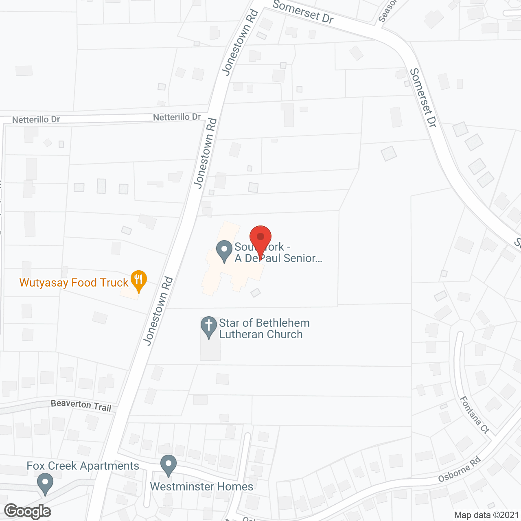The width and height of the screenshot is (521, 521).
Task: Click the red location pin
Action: (x=260, y=238)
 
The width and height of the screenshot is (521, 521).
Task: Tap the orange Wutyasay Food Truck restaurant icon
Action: (x=139, y=280)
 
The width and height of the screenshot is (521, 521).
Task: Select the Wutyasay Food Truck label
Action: (x=74, y=282)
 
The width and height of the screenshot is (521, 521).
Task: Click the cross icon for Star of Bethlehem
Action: (x=209, y=326)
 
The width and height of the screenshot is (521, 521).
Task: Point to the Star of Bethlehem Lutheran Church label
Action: (x=264, y=328)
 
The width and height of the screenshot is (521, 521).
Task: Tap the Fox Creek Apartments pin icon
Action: (x=45, y=484)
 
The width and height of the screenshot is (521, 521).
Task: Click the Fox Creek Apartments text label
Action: (x=83, y=466)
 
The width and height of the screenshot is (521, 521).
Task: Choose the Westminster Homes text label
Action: (x=201, y=486)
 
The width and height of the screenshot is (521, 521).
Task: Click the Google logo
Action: (x=28, y=511)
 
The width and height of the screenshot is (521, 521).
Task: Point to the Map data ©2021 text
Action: (x=486, y=515)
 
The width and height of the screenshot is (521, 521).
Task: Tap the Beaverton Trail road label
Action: (x=81, y=405)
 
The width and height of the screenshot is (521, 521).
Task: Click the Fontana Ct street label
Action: (x=474, y=415)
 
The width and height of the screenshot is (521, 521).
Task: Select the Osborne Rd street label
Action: (x=460, y=469)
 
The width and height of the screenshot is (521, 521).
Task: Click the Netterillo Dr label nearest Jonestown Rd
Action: (x=177, y=117)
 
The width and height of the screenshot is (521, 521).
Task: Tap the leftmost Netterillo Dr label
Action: (x=36, y=120)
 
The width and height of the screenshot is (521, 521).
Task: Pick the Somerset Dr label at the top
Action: (x=303, y=11)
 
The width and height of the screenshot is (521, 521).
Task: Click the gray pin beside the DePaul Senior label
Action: (x=223, y=251)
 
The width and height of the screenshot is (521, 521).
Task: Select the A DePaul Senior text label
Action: (x=278, y=258)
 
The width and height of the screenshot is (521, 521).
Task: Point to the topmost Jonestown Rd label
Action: (x=240, y=43)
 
